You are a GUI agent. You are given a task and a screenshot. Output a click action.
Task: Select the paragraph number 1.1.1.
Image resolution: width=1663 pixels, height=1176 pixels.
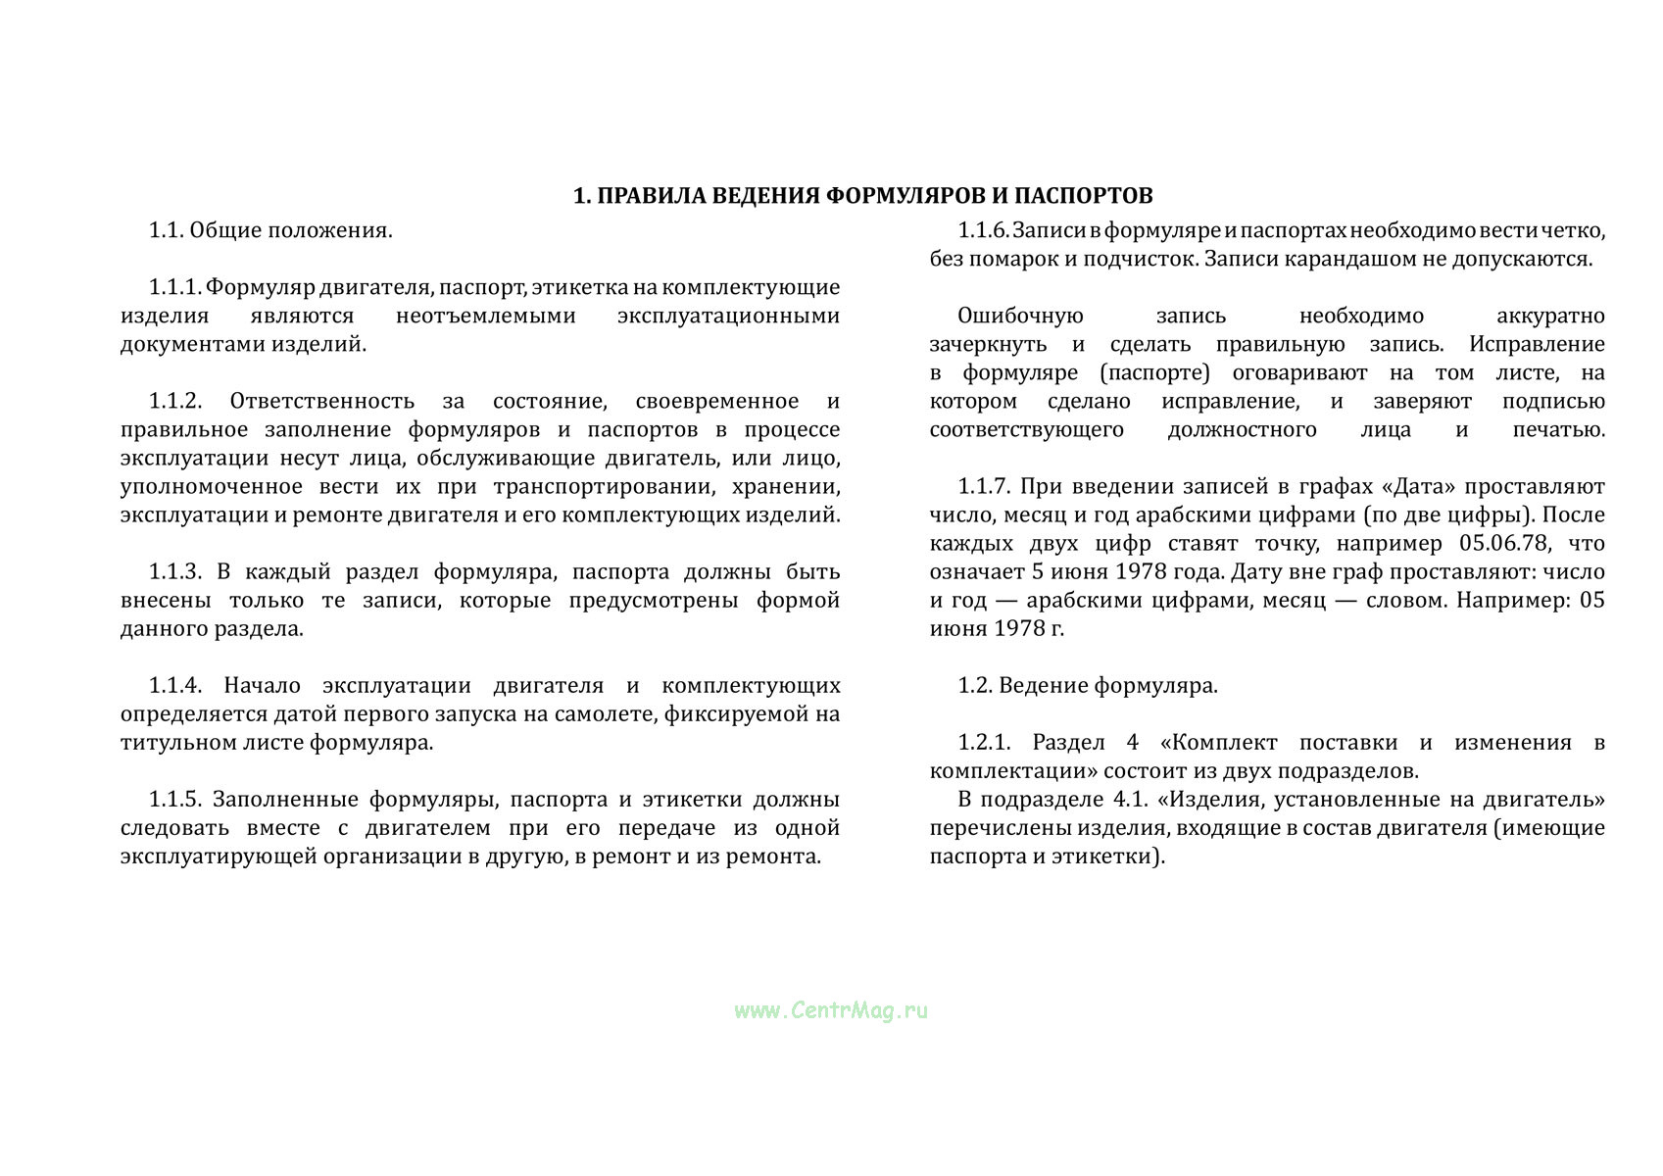click(174, 287)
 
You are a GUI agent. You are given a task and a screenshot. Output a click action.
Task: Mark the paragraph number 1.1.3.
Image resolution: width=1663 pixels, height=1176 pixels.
click(174, 571)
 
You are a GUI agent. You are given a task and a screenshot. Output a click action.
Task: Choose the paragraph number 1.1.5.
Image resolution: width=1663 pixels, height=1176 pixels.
click(174, 799)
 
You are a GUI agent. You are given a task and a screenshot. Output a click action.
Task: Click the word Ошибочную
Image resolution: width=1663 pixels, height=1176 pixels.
click(1020, 316)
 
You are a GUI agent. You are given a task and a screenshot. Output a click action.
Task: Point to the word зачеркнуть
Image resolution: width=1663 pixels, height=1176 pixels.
click(988, 344)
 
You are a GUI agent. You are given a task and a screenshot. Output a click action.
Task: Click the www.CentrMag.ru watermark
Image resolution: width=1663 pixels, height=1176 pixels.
click(830, 1010)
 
